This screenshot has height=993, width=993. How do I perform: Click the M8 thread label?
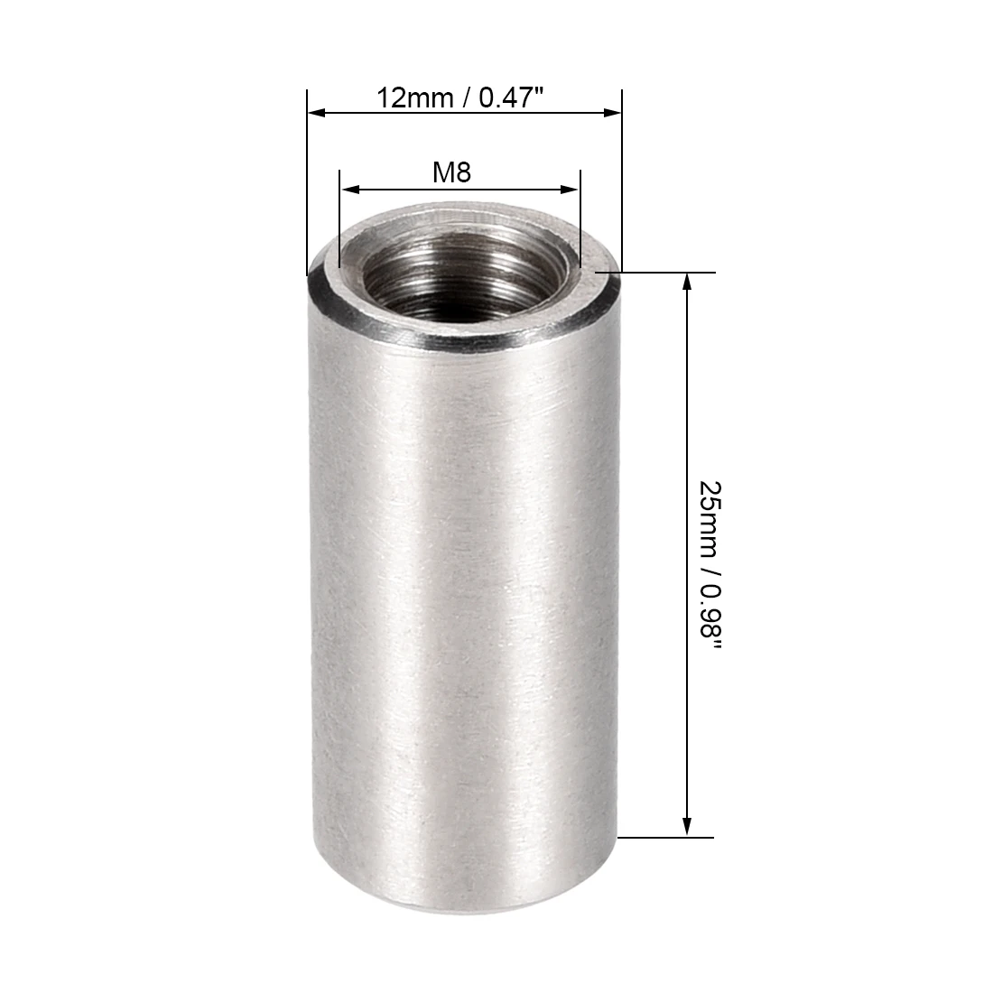(451, 172)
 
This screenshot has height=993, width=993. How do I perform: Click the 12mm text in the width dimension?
(415, 98)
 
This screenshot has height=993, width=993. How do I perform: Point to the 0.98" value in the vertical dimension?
(710, 617)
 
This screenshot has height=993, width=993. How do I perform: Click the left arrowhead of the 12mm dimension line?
(317, 113)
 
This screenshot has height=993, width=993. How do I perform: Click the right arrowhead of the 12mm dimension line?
(612, 113)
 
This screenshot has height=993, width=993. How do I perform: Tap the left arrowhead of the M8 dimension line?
(349, 189)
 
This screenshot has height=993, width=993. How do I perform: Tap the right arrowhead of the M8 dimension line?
(570, 189)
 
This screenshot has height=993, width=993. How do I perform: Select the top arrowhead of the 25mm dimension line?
(687, 282)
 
